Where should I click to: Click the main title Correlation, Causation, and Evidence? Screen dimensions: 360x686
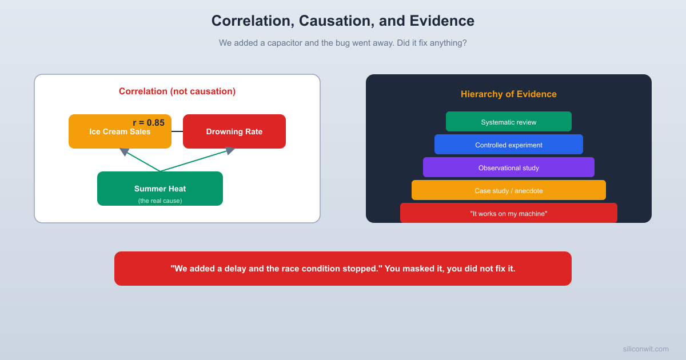pyautogui.click(x=343, y=21)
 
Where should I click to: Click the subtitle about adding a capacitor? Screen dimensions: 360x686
pyautogui.click(x=343, y=43)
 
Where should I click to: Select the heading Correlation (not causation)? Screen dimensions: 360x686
pyautogui.click(x=177, y=91)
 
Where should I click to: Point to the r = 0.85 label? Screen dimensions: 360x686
pyautogui.click(x=149, y=122)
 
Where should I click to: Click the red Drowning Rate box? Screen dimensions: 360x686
pyautogui.click(x=234, y=131)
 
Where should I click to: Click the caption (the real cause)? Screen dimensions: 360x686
pyautogui.click(x=160, y=201)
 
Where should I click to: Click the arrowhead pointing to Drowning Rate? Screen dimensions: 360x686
pyautogui.click(x=230, y=150)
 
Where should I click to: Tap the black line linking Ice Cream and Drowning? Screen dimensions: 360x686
pyautogui.click(x=177, y=131)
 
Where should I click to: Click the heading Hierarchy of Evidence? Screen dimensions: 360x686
pyautogui.click(x=509, y=94)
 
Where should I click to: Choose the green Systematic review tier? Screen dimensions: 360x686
pyautogui.click(x=509, y=122)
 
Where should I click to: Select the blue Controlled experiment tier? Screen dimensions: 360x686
pyautogui.click(x=509, y=145)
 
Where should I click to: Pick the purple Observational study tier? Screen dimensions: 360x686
pyautogui.click(x=509, y=167)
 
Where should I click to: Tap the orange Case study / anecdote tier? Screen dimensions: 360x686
pyautogui.click(x=509, y=190)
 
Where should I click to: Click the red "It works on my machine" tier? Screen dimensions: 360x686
pyautogui.click(x=509, y=213)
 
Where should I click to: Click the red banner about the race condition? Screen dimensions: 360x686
pyautogui.click(x=343, y=269)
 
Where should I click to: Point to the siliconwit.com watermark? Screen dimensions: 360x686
pyautogui.click(x=645, y=349)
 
